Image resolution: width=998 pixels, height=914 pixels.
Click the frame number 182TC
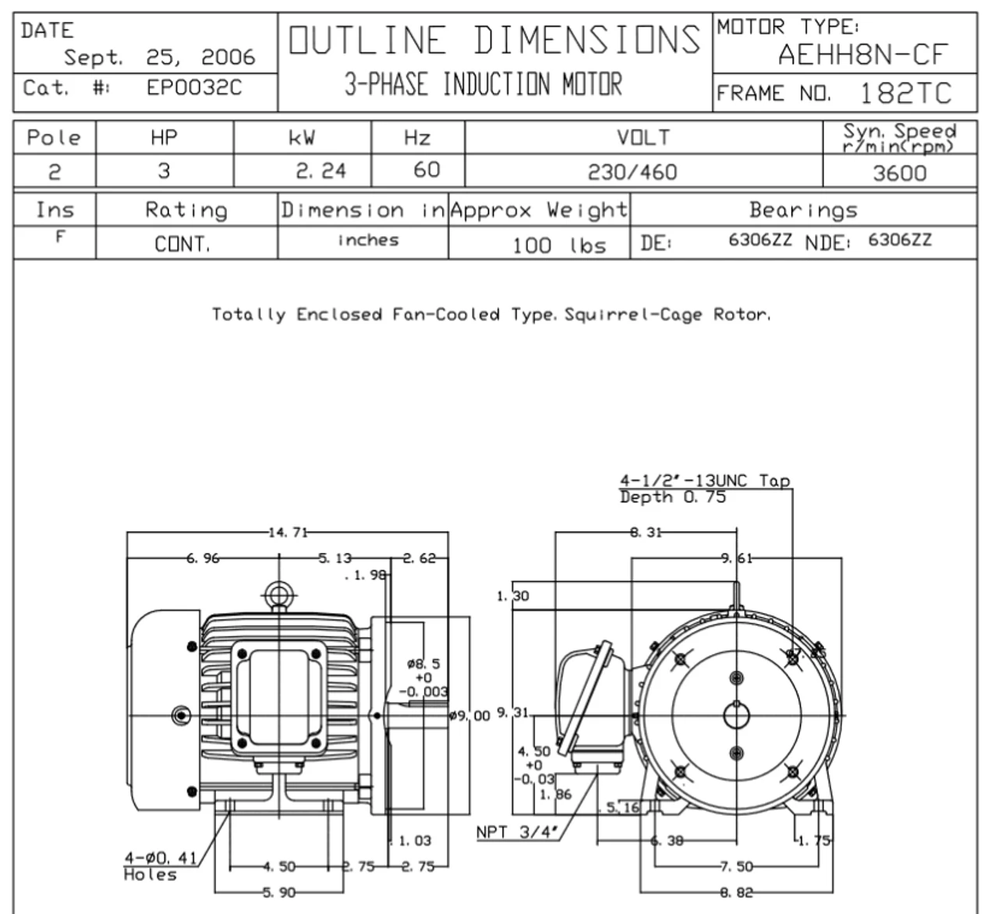click(x=905, y=94)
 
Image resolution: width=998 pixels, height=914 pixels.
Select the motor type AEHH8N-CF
click(x=862, y=55)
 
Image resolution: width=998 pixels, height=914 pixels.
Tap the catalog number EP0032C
click(x=194, y=87)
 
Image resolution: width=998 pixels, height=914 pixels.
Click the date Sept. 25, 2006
click(x=159, y=57)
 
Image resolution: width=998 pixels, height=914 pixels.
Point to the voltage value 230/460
click(x=632, y=172)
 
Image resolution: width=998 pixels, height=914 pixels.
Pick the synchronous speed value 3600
click(x=900, y=172)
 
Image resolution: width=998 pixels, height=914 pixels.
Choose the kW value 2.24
click(x=320, y=171)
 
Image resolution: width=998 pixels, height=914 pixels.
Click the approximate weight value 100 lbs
click(x=559, y=245)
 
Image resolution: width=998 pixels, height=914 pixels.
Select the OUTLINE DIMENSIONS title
click(x=494, y=41)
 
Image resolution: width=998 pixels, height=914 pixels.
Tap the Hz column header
click(x=417, y=138)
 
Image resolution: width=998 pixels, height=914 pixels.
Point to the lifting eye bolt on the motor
click(x=278, y=596)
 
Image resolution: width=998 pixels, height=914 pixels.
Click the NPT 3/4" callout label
click(x=518, y=832)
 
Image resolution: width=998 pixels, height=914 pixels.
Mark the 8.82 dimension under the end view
click(x=735, y=892)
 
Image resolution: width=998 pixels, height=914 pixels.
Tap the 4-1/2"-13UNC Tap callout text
click(x=704, y=481)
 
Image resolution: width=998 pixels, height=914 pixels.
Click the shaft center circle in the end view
click(x=736, y=714)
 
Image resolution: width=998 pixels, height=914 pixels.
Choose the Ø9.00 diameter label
click(x=471, y=715)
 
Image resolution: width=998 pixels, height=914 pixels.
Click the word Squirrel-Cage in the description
click(x=633, y=315)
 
